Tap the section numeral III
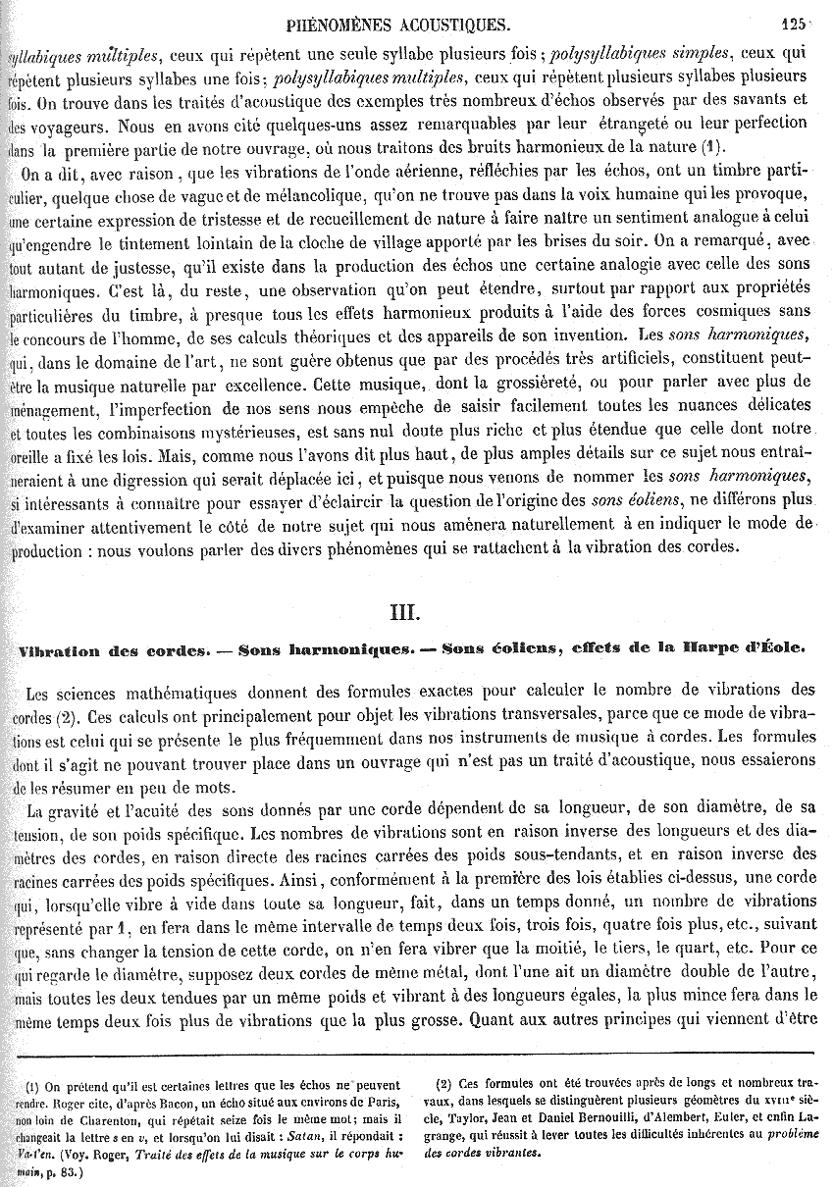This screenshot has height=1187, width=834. [404, 613]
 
